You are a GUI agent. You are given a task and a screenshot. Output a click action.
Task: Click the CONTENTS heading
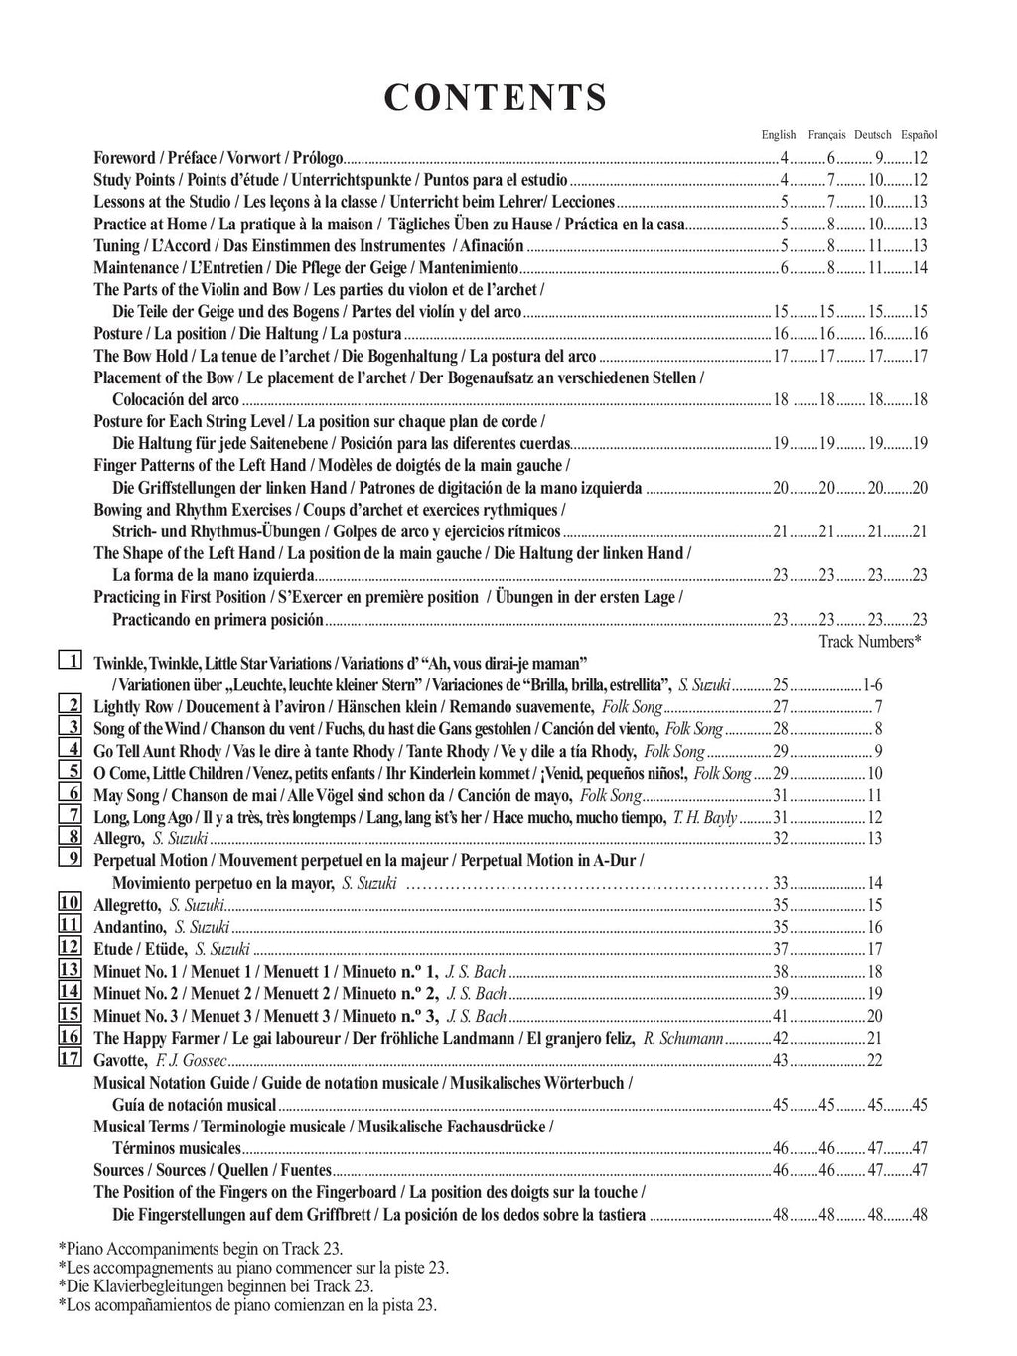[x=495, y=98]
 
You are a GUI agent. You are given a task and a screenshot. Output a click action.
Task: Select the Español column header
[x=919, y=135]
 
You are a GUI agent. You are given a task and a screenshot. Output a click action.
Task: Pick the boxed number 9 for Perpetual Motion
[x=70, y=859]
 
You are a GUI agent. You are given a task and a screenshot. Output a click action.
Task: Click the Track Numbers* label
[x=870, y=642]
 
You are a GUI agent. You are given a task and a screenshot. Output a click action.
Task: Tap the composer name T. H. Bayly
[x=705, y=818]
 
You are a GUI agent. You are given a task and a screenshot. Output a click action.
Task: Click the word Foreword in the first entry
[x=124, y=158]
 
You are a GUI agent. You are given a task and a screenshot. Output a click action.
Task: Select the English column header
[x=779, y=135]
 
